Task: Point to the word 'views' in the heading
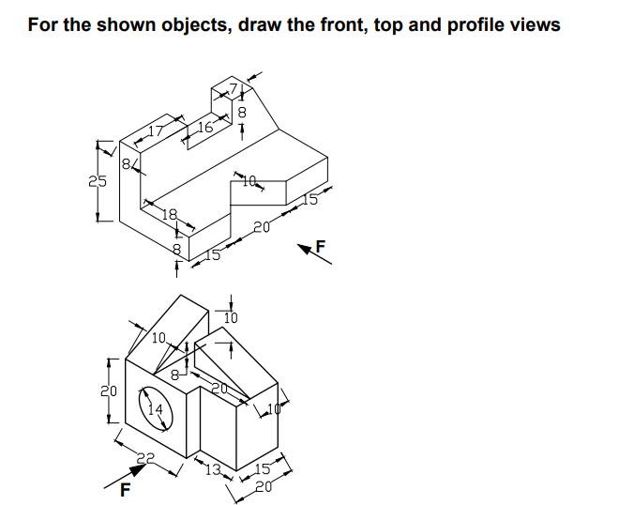coord(531,24)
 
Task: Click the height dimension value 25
coord(98,181)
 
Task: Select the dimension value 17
coord(156,131)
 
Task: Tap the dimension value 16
coord(206,127)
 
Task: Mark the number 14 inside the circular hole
coord(157,408)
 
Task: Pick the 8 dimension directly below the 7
coord(242,113)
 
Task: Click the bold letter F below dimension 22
coord(125,489)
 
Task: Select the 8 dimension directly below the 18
coord(175,249)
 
